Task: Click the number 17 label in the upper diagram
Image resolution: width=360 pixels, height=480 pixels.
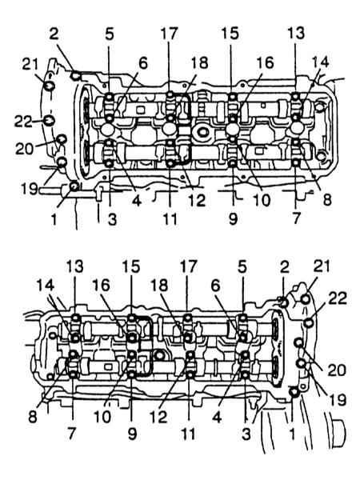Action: [x=169, y=34]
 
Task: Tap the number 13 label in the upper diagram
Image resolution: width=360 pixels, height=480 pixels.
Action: [x=296, y=33]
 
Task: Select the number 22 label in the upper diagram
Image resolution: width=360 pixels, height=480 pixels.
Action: [x=23, y=122]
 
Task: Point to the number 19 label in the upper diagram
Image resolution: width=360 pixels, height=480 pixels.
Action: [x=30, y=189]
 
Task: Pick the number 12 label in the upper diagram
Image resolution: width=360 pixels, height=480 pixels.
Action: [x=197, y=201]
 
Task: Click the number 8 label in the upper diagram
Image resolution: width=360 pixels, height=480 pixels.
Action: [x=327, y=200]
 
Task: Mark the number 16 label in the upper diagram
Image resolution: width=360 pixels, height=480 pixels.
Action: [x=265, y=63]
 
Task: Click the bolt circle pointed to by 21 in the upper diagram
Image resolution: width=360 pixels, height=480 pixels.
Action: [x=49, y=86]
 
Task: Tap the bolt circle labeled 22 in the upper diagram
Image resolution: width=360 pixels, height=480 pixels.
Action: [x=49, y=120]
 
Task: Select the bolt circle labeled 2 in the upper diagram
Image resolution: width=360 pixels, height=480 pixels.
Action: [x=76, y=75]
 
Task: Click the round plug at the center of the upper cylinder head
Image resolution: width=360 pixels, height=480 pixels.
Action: [x=203, y=132]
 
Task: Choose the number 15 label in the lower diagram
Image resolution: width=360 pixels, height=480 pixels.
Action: [x=131, y=266]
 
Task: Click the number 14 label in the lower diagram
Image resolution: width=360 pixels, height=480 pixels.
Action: [x=46, y=286]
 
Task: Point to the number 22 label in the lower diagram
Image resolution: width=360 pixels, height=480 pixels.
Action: [x=338, y=298]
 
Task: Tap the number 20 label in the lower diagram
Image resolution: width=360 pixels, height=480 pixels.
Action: [x=337, y=370]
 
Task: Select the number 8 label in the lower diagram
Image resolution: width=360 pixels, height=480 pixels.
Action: [x=33, y=417]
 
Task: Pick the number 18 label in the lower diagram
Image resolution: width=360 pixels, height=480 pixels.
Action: [x=159, y=286]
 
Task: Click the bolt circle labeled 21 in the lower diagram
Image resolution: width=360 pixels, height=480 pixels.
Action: [x=306, y=299]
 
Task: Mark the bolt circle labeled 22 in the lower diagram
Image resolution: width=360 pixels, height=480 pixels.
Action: [x=309, y=322]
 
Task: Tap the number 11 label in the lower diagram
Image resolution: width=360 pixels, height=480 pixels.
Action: [x=188, y=434]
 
